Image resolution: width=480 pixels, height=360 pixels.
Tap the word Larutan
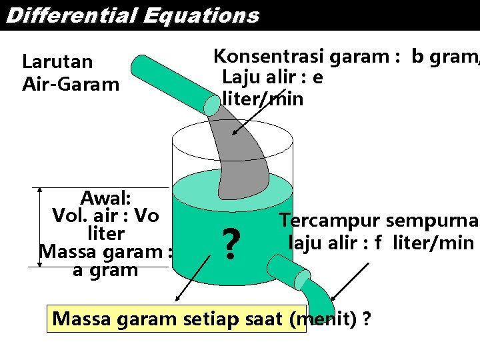coord(57,62)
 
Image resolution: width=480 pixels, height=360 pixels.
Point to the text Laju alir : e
coord(273,78)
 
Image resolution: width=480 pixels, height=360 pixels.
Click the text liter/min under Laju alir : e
coord(263,99)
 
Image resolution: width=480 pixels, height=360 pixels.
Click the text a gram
coord(105,270)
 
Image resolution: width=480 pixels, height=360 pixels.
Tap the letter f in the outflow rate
coord(378,242)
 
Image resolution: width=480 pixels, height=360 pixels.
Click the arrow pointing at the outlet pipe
coord(351,279)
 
